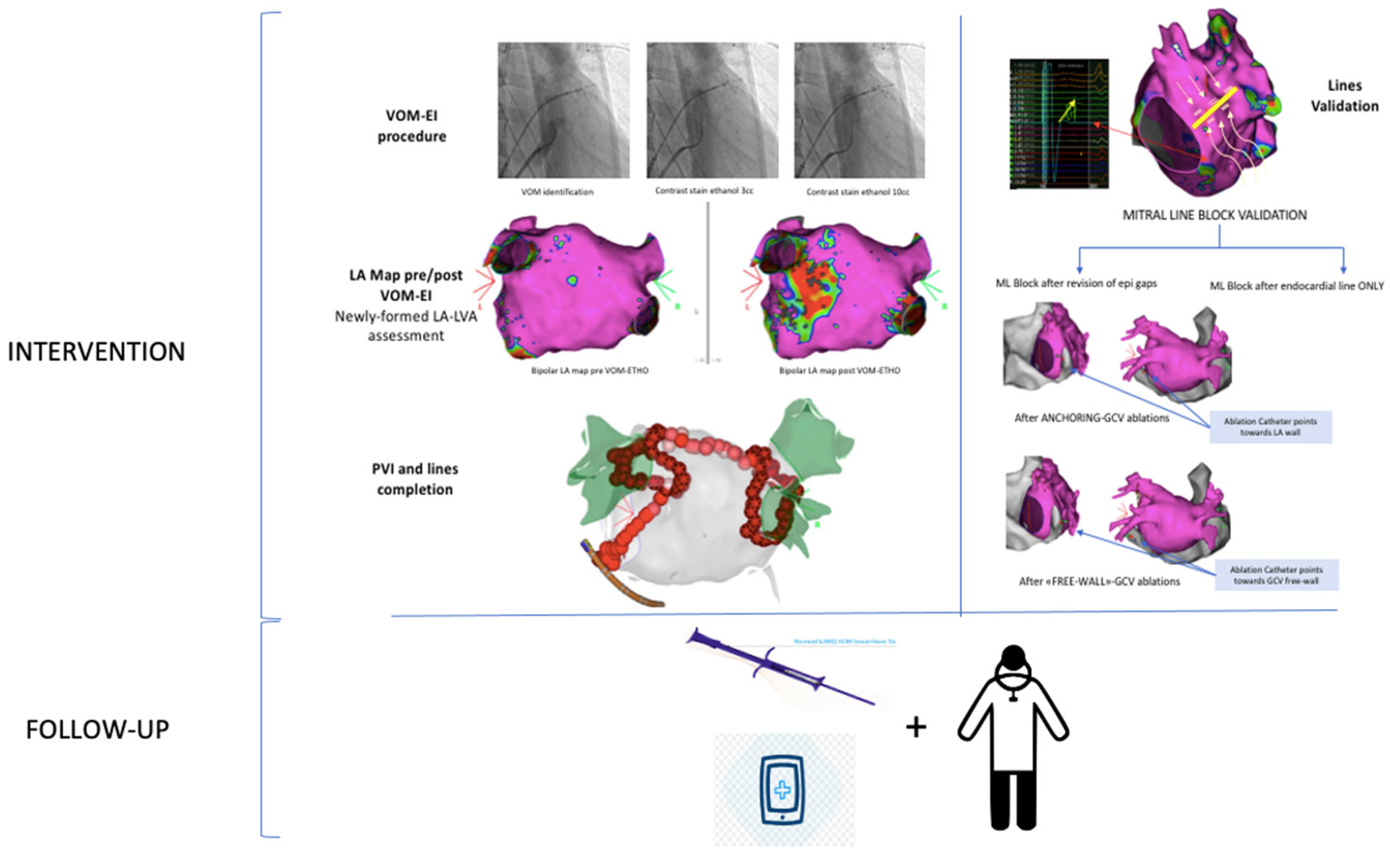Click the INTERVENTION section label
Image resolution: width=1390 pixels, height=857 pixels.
pos(96,352)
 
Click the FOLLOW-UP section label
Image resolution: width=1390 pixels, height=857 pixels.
pos(97,730)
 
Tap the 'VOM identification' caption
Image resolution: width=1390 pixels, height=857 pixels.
pos(557,192)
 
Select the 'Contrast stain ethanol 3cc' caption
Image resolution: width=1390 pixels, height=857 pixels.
pos(704,191)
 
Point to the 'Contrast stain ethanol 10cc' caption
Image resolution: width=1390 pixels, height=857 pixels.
pos(858,192)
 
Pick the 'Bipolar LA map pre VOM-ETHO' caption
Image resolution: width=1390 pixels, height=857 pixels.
pos(590,371)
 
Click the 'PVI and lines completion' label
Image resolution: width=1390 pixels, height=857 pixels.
pos(415,479)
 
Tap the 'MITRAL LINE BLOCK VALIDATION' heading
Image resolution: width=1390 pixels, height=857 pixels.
pos(1215,215)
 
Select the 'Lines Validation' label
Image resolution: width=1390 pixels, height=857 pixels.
pos(1344,96)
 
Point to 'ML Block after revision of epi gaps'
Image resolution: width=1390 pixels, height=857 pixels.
pos(1076,283)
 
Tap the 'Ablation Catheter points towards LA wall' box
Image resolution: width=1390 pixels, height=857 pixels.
pos(1270,427)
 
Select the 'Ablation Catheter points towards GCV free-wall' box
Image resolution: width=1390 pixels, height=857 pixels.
pos(1276,575)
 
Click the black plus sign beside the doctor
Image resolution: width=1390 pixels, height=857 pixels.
pos(916,727)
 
